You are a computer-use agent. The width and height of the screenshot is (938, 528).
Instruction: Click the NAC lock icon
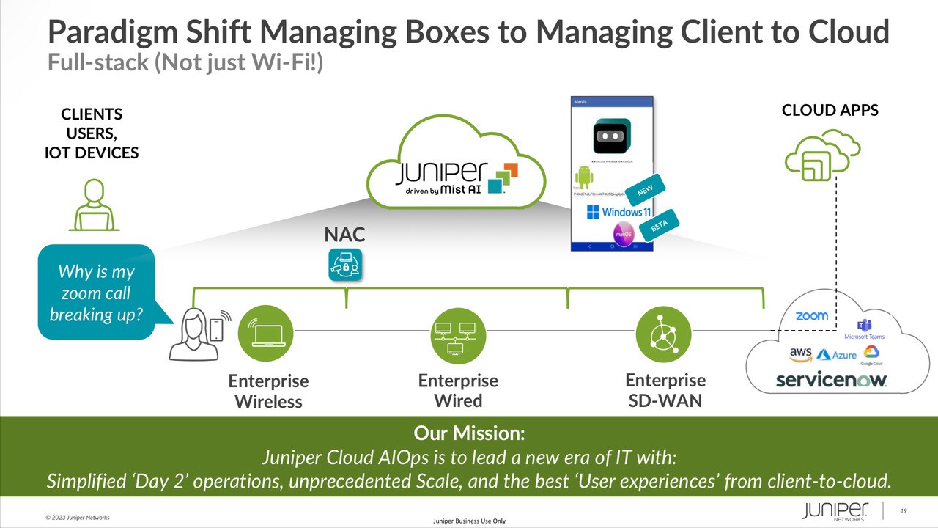click(345, 265)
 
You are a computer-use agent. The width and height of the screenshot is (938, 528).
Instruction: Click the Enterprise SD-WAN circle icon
click(664, 334)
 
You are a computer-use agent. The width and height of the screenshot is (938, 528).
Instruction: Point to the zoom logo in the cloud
click(812, 316)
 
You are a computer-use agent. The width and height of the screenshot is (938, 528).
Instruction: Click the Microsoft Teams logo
click(864, 329)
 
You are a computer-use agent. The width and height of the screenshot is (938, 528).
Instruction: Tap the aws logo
click(800, 353)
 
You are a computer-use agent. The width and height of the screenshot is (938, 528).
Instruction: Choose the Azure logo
click(836, 355)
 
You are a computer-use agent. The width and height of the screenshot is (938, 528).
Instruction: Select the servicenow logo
click(831, 380)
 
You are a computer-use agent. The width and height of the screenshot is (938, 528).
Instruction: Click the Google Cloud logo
click(871, 355)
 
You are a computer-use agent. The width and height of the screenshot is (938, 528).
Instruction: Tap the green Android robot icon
click(584, 177)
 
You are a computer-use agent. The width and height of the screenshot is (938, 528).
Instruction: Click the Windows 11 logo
click(618, 212)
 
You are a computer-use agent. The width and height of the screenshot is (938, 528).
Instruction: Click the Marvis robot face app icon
click(612, 136)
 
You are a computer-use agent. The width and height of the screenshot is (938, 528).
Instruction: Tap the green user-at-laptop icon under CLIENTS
click(94, 205)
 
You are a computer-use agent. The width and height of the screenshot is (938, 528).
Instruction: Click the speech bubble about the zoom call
click(97, 293)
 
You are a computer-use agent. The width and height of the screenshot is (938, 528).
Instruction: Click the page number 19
click(904, 511)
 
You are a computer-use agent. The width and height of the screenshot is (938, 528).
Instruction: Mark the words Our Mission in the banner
click(469, 433)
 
